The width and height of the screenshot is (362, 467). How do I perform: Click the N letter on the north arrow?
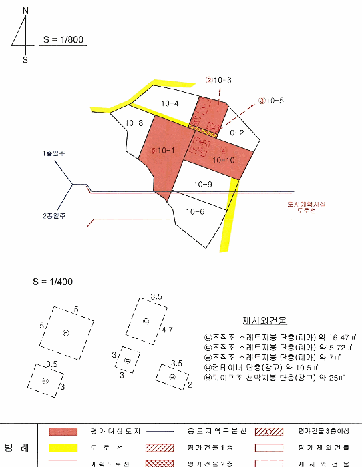(25, 11)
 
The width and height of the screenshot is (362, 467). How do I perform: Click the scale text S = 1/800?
(63, 39)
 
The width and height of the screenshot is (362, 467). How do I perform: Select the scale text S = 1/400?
(52, 282)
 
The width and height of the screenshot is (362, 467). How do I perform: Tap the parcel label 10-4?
(170, 103)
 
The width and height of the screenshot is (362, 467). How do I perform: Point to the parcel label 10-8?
(135, 123)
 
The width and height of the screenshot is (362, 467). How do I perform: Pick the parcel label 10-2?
(234, 133)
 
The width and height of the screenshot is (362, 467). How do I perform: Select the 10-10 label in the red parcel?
(223, 160)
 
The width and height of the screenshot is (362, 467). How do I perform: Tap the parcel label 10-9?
(203, 184)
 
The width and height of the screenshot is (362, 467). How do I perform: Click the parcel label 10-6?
(195, 211)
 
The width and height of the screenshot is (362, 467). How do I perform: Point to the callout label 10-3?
(222, 81)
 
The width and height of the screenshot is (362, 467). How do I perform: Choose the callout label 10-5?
(275, 101)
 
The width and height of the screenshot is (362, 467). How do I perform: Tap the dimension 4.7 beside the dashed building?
(167, 330)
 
